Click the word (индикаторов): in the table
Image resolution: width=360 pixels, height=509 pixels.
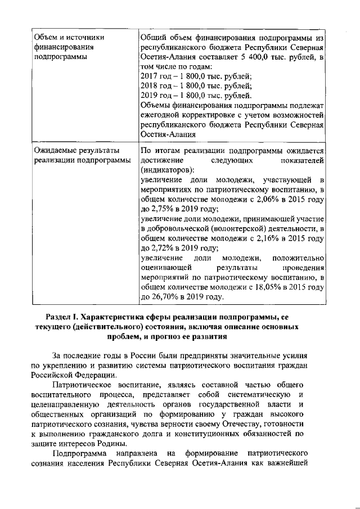(168, 170)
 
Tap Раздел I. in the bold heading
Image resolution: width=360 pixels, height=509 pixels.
(64, 317)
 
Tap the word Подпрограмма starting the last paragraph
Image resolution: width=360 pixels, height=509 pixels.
(82, 453)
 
